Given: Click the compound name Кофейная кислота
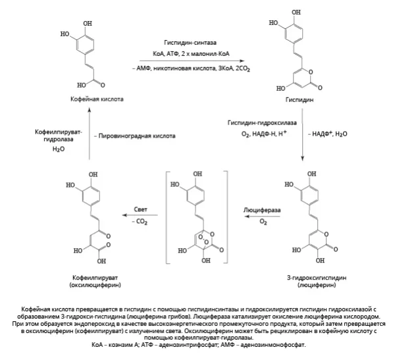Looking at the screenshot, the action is (x=97, y=99).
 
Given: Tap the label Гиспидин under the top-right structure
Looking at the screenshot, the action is (x=300, y=100).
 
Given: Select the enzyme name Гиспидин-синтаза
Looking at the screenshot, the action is (x=190, y=43).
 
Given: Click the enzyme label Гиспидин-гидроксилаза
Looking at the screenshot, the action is (x=262, y=123).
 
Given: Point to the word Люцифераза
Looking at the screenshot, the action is (x=262, y=210).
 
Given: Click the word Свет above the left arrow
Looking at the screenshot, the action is (x=140, y=209).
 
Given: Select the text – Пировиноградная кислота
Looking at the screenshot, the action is (x=135, y=136).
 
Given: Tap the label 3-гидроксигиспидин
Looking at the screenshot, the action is (x=317, y=278).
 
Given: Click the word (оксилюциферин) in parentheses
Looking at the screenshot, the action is (x=95, y=285).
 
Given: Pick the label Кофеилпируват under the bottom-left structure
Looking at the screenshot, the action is (x=95, y=278).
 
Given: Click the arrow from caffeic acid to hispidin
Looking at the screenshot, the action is (x=192, y=61).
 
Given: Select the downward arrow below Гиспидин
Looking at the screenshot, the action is (x=302, y=134).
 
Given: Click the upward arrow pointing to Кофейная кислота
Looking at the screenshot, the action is (x=90, y=134).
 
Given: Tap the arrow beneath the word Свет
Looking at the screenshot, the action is (x=140, y=215).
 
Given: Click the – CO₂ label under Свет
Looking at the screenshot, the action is (x=140, y=222).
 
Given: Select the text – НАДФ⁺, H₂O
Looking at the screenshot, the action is (x=328, y=134).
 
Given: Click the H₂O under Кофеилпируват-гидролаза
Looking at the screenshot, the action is (x=59, y=149).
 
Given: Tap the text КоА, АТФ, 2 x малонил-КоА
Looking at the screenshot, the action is (x=191, y=54).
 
